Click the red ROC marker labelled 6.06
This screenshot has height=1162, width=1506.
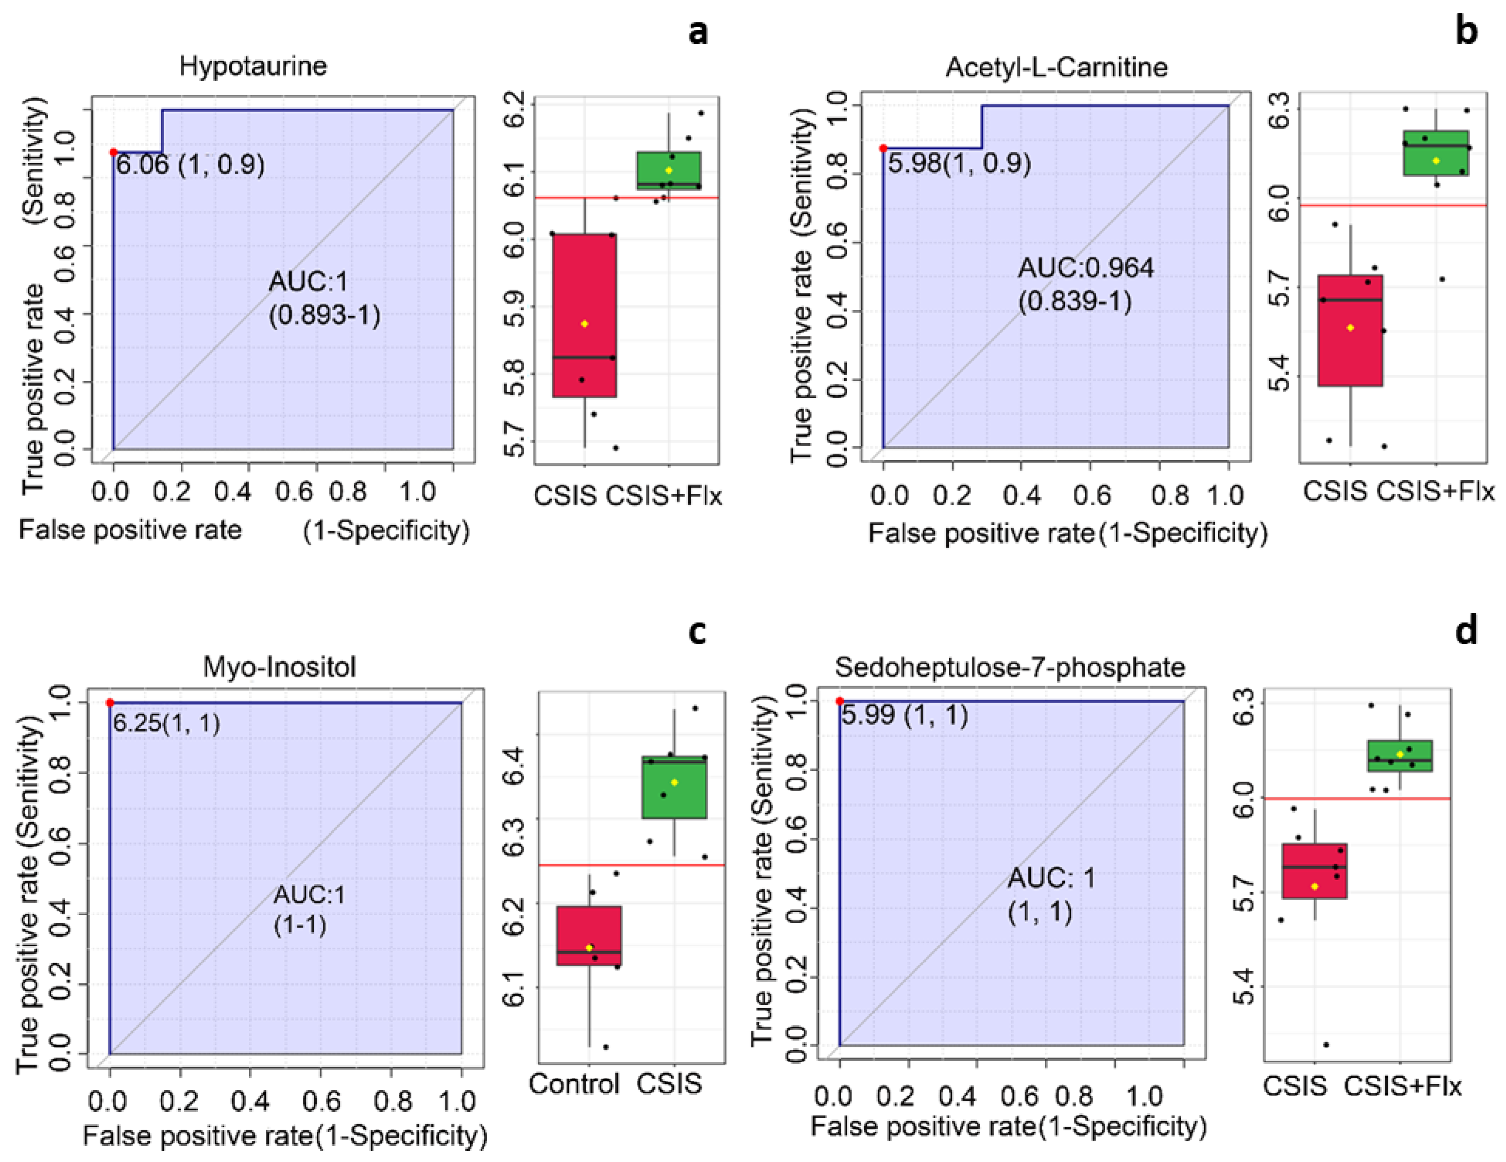(x=114, y=152)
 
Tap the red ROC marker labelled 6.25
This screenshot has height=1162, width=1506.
(x=110, y=703)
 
